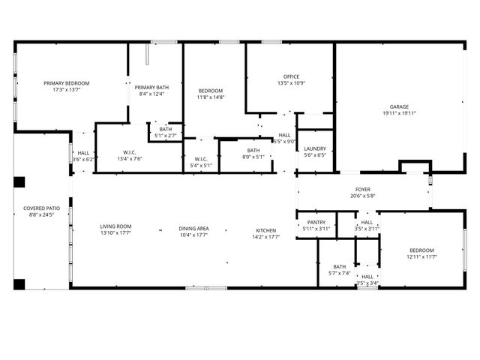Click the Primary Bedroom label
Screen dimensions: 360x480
[66, 82]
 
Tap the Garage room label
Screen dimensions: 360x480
[399, 106]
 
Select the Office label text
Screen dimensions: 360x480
[291, 76]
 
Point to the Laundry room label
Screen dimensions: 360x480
[314, 148]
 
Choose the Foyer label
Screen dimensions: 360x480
[362, 190]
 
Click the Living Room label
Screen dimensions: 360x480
[115, 226]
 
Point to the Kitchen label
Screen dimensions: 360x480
[266, 230]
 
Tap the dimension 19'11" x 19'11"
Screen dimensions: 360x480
[399, 113]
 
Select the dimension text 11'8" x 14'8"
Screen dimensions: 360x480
[211, 97]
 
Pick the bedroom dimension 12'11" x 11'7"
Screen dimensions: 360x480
[421, 257]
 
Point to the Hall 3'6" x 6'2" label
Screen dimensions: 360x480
[83, 156]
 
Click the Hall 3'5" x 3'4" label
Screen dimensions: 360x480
[367, 280]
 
